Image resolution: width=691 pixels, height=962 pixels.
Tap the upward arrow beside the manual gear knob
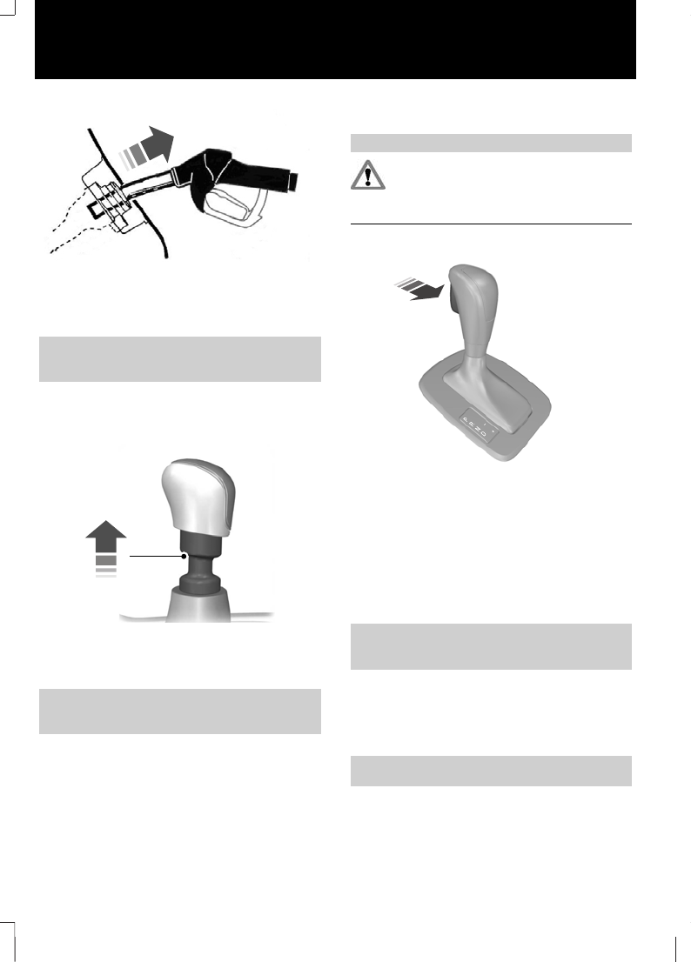(x=105, y=544)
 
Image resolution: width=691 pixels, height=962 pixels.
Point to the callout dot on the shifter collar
(x=184, y=554)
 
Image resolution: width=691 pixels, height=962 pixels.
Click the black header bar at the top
(x=335, y=39)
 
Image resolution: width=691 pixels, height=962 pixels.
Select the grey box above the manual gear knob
(x=180, y=358)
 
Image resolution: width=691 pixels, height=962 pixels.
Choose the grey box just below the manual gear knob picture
(x=180, y=711)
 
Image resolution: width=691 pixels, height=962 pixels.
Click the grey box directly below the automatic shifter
(x=490, y=645)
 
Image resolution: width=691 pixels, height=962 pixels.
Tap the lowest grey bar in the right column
(x=490, y=771)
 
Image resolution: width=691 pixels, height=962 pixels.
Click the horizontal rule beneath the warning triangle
(x=490, y=224)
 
